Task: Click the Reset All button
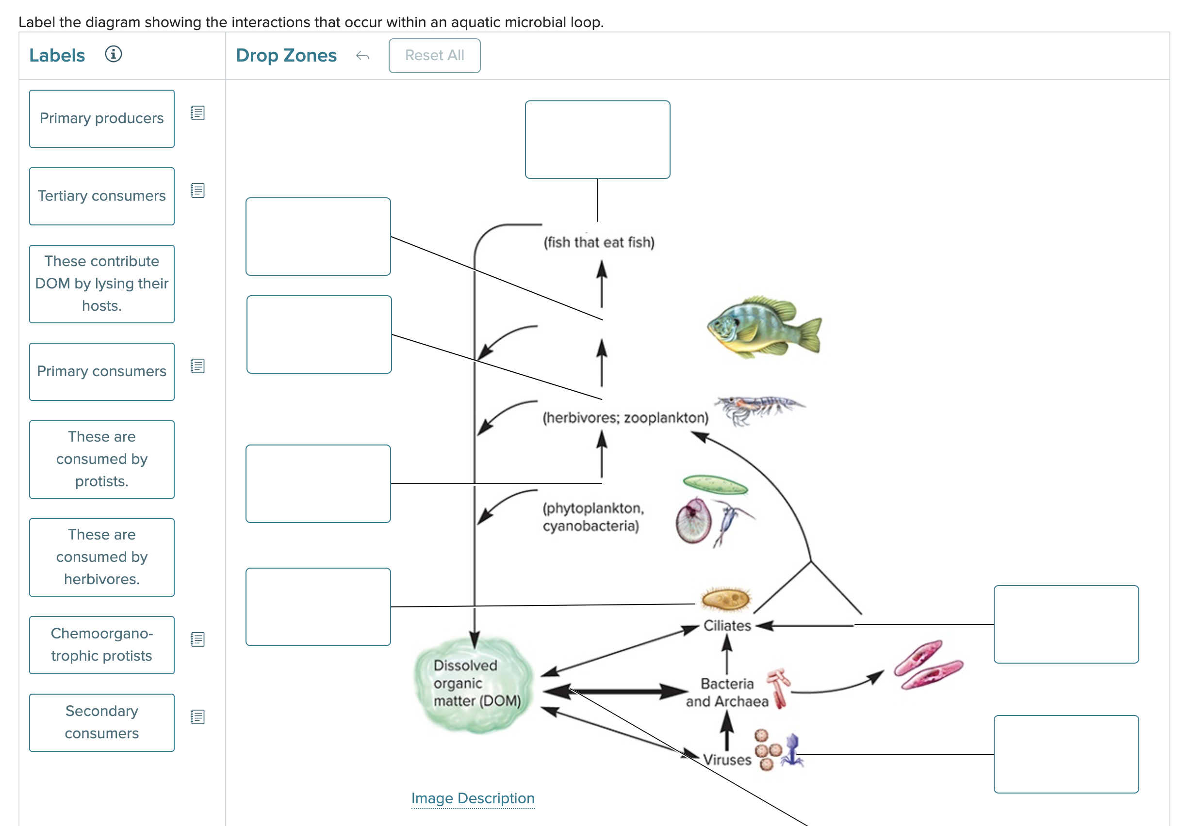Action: click(x=434, y=56)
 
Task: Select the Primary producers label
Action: click(x=102, y=119)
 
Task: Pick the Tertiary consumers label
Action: click(x=102, y=196)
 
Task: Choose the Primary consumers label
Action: click(x=102, y=372)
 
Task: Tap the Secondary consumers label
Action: click(x=102, y=722)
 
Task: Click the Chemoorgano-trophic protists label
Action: click(x=102, y=645)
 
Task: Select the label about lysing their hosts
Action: click(x=102, y=284)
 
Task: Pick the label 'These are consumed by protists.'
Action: click(x=102, y=459)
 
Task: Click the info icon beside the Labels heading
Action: click(x=113, y=54)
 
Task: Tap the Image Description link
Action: click(x=473, y=798)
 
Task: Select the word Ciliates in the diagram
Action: click(x=727, y=625)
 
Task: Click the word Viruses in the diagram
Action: click(x=726, y=759)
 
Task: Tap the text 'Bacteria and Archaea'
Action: click(x=727, y=692)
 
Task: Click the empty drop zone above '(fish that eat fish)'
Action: click(x=597, y=139)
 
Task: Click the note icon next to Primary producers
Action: click(x=197, y=113)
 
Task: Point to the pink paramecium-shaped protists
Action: click(x=927, y=665)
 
